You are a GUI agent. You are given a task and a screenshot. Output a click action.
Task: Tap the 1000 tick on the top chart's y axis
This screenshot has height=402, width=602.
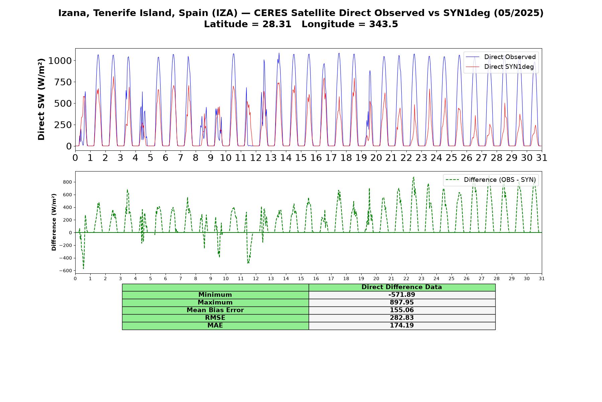(x=60, y=61)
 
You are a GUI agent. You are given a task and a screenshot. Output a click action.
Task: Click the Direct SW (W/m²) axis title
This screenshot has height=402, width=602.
(x=41, y=99)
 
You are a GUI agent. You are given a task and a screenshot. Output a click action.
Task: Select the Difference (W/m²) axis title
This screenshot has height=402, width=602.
(x=54, y=222)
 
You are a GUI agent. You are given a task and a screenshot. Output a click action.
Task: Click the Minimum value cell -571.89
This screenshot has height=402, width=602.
(x=402, y=295)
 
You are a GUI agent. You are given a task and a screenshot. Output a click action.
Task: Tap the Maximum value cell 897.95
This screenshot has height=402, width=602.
(x=402, y=303)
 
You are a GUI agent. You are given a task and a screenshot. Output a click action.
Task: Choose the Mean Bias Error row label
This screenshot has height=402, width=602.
(x=215, y=310)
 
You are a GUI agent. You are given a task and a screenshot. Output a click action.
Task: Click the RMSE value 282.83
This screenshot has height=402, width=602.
(x=402, y=318)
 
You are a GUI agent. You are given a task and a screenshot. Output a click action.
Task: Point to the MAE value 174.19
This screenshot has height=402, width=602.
(x=402, y=326)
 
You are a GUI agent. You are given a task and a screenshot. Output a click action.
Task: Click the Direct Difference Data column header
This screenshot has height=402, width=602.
(x=402, y=287)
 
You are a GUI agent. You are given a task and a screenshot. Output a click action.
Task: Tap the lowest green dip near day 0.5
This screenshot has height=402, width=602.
(x=83, y=269)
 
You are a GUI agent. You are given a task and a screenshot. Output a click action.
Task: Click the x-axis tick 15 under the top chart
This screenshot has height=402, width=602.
(x=301, y=157)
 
